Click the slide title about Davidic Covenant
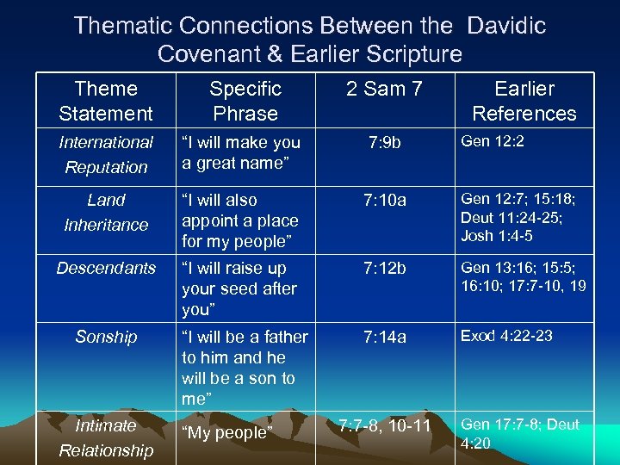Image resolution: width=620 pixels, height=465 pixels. click(x=310, y=40)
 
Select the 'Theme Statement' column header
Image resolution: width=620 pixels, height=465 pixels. click(x=106, y=101)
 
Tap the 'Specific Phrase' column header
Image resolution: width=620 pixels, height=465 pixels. click(x=245, y=101)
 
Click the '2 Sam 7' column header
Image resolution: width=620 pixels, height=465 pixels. click(x=384, y=89)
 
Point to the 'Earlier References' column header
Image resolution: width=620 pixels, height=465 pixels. click(x=524, y=101)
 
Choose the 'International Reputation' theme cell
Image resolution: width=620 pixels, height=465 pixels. click(x=106, y=154)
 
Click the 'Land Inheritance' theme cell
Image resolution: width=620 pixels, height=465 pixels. click(x=106, y=212)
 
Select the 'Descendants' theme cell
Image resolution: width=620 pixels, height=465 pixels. click(x=106, y=269)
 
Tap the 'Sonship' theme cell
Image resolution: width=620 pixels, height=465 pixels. click(x=106, y=337)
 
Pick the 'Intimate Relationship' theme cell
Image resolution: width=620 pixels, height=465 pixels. click(x=106, y=437)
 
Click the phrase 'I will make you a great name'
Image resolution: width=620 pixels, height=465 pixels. click(x=240, y=152)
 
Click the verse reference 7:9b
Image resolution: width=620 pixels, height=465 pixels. click(x=384, y=143)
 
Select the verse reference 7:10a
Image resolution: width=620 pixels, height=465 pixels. click(x=384, y=201)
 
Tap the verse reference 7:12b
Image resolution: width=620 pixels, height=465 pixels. click(x=384, y=269)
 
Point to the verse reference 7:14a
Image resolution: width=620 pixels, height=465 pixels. click(x=384, y=337)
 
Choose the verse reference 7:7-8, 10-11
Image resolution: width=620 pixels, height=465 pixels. click(x=384, y=425)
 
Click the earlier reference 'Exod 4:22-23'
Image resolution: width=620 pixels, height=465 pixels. click(x=506, y=336)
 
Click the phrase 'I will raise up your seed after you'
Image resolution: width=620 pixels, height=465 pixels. click(x=239, y=288)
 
